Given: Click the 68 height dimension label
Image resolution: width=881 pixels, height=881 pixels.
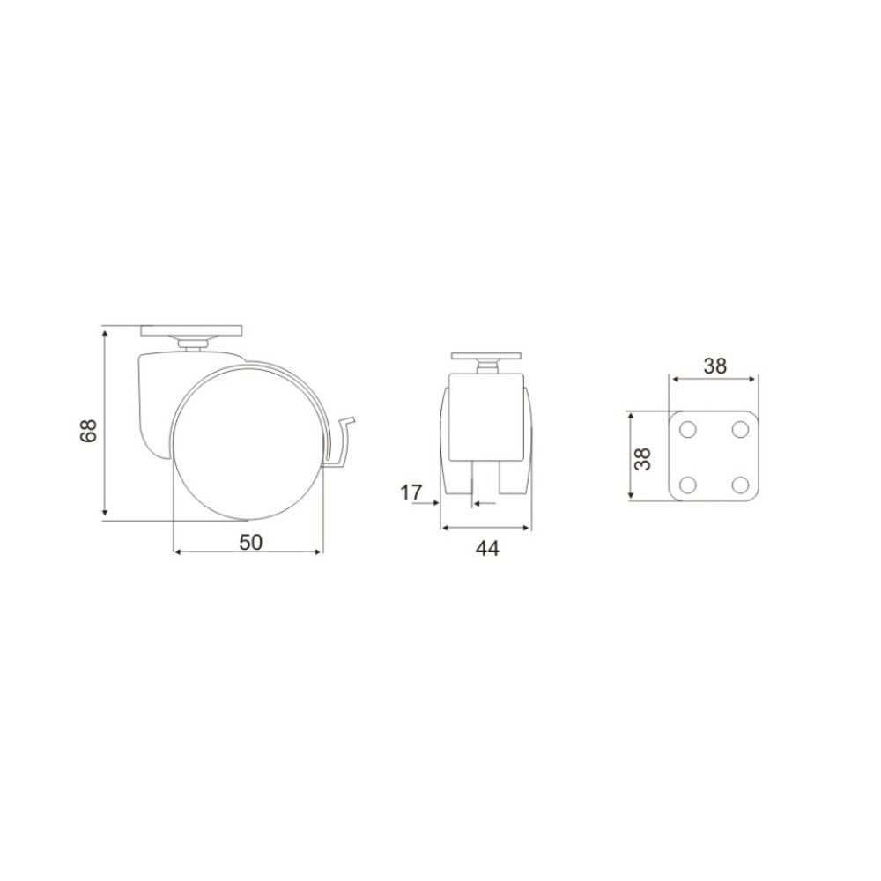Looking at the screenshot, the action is coord(90,431).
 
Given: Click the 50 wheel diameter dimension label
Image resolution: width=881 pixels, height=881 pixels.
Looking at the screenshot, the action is coord(250,542).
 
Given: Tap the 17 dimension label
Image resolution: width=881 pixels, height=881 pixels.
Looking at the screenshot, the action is coord(411,492).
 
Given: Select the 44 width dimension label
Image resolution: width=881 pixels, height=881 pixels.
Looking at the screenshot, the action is coord(487,548).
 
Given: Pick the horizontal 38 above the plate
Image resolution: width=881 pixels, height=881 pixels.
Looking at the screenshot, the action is coord(715,366).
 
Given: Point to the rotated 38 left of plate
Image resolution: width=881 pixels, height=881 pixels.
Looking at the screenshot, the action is coord(642,458).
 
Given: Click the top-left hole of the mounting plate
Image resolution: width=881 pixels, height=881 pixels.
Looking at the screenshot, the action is coord(688,431).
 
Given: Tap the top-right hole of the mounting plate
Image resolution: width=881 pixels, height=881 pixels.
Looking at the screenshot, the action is coord(741,431).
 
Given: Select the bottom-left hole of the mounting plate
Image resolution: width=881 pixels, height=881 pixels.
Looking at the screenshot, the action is coord(688,484).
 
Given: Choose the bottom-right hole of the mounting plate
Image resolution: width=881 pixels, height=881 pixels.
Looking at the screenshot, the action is coord(741,484).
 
